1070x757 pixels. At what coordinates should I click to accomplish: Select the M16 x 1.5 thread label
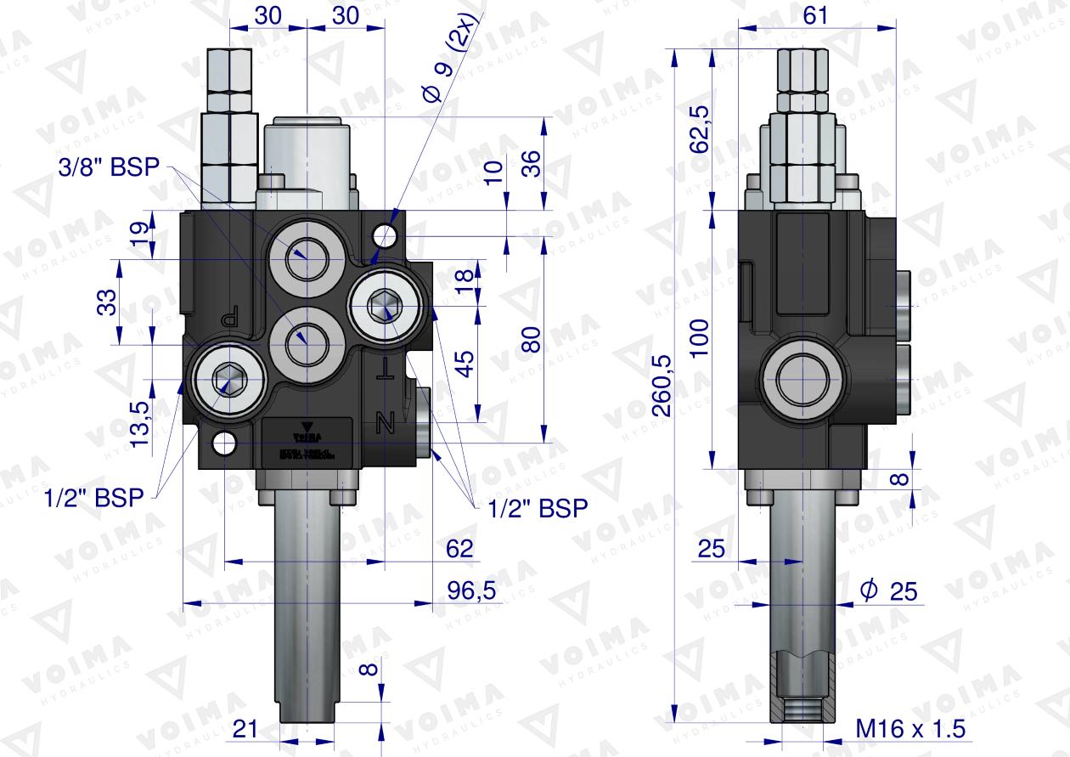(910, 729)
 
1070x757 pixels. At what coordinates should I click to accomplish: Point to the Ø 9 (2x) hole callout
(452, 57)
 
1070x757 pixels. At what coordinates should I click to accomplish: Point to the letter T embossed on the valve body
(386, 367)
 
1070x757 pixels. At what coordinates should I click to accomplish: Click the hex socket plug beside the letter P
(227, 379)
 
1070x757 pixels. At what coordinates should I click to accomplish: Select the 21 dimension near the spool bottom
(245, 728)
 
